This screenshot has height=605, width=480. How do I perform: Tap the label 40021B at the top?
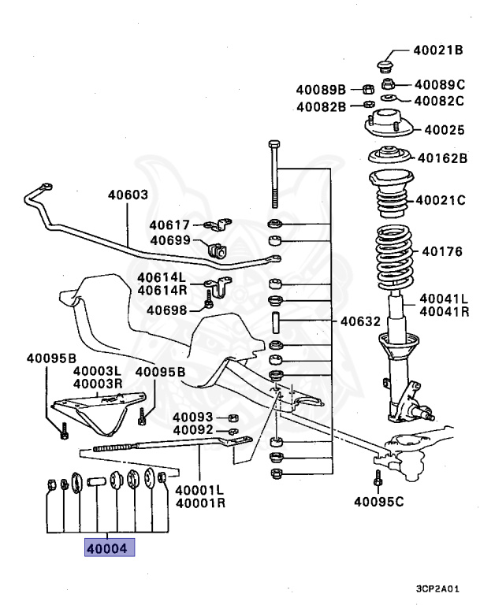pyautogui.click(x=438, y=50)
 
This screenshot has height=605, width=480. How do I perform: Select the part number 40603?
pyautogui.click(x=128, y=195)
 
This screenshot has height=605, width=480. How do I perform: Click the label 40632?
pyautogui.click(x=361, y=321)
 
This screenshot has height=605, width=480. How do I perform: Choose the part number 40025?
pyautogui.click(x=445, y=129)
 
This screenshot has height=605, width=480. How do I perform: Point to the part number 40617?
pyautogui.click(x=170, y=225)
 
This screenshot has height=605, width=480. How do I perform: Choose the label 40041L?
pyautogui.click(x=444, y=299)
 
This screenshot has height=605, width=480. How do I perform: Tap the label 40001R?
pyautogui.click(x=201, y=502)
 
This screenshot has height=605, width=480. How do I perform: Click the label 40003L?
pyautogui.click(x=97, y=371)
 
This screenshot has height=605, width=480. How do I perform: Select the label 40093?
pyautogui.click(x=193, y=417)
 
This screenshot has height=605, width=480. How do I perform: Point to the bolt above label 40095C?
pyautogui.click(x=378, y=477)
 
